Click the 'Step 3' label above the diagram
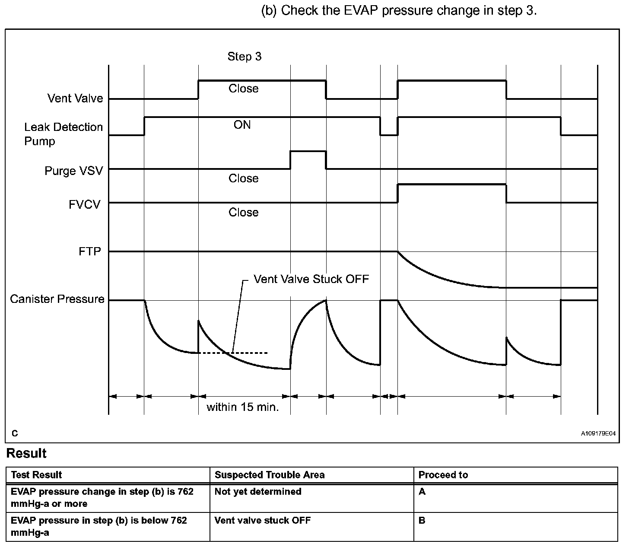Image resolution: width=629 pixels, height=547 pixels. tap(245, 57)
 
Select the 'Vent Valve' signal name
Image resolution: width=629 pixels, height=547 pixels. tap(75, 99)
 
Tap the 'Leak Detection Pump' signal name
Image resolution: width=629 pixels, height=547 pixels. tap(63, 134)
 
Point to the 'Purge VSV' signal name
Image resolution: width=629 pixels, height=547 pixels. tap(74, 171)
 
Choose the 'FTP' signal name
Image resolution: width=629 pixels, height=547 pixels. tap(90, 251)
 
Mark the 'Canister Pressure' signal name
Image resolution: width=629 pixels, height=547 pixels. tap(57, 299)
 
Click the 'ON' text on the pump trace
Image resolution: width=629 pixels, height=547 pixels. tap(242, 125)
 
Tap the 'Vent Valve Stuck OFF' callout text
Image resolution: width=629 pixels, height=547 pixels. tap(311, 279)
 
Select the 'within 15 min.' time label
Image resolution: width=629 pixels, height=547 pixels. tap(243, 407)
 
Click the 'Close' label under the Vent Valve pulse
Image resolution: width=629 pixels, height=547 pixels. tap(243, 89)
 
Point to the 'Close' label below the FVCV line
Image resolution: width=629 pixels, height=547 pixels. tap(243, 213)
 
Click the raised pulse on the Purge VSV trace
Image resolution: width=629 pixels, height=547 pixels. tap(308, 152)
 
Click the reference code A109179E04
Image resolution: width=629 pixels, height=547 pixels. tap(598, 433)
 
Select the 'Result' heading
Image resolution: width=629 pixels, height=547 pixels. tap(26, 453)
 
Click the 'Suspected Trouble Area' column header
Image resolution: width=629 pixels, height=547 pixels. tap(270, 475)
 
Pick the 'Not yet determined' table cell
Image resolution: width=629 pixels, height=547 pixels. tap(258, 491)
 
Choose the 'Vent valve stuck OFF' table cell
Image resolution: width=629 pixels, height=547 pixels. tap(263, 520)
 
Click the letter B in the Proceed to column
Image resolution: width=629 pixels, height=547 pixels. tap(422, 520)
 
